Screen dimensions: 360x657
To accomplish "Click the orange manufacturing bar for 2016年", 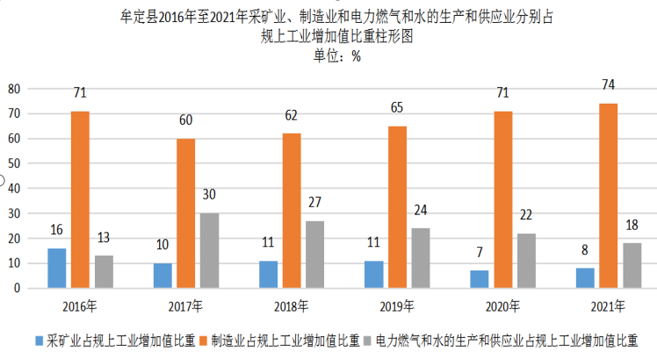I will (80, 199).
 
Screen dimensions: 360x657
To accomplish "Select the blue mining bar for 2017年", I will (162, 275).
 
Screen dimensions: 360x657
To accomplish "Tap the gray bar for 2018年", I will (315, 254).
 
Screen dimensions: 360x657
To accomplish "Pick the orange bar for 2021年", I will (609, 195).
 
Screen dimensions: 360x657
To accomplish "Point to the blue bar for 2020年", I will (479, 278).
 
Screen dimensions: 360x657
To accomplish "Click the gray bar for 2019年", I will (421, 257).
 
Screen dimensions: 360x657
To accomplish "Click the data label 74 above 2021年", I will (609, 85).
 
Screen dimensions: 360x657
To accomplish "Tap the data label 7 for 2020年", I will (479, 253).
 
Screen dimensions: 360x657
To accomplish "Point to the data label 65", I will (397, 108).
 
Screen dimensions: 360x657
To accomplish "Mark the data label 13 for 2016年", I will (104, 237).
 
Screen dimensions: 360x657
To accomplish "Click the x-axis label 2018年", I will (292, 306).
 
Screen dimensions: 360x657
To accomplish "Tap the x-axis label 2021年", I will (609, 306).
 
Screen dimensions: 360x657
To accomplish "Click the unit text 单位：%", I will (336, 55).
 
